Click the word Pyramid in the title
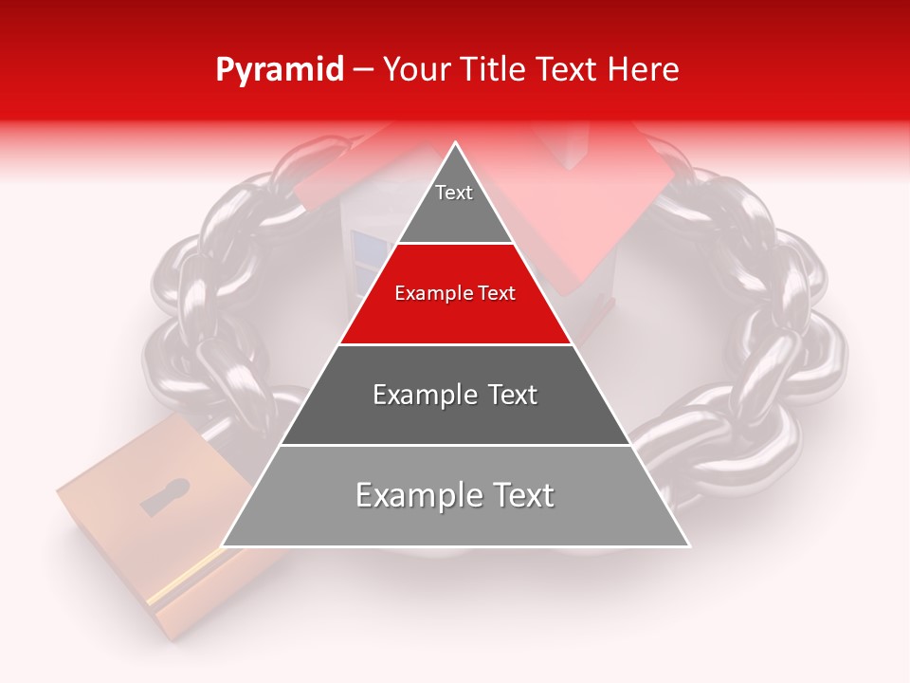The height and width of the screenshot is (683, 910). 280,70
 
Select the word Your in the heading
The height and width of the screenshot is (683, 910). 416,70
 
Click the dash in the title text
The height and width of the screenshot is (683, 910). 363,70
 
